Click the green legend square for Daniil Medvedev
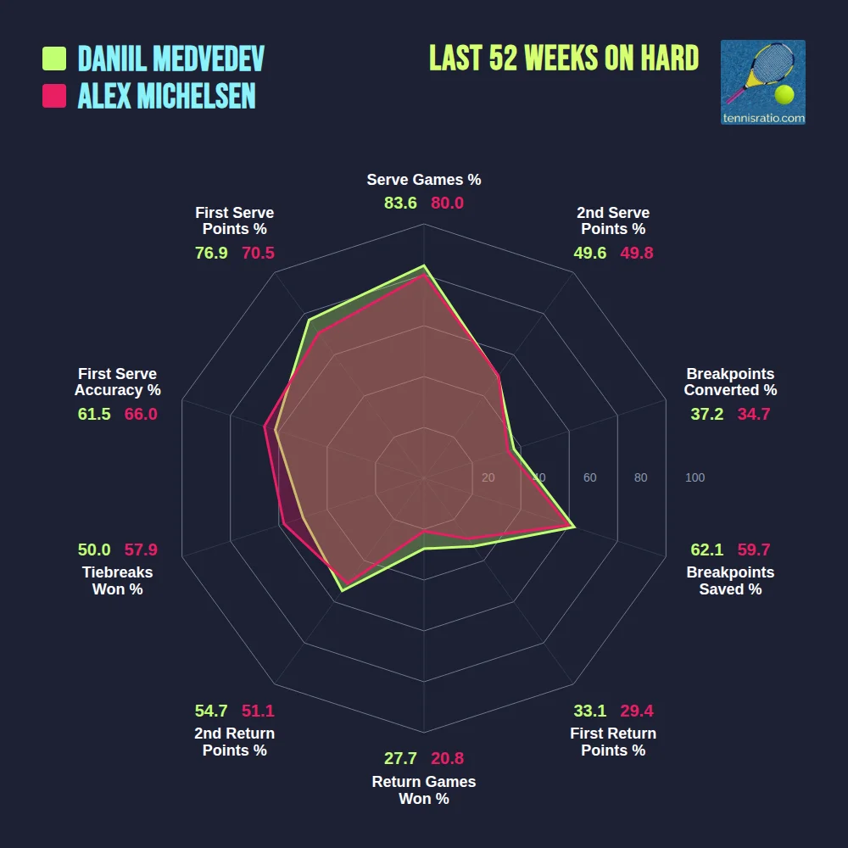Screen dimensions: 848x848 tap(54, 59)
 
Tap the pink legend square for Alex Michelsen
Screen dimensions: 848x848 tap(54, 96)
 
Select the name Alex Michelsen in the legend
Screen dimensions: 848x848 tap(166, 96)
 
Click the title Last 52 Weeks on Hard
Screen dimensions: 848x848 tap(564, 58)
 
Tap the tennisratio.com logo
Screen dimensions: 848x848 tap(762, 82)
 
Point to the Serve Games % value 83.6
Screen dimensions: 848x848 tap(400, 204)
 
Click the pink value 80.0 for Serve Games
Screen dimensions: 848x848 tap(447, 204)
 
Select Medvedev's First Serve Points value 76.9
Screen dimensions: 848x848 tap(211, 253)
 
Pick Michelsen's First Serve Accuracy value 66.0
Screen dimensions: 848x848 tap(141, 414)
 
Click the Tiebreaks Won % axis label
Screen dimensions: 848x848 tap(117, 581)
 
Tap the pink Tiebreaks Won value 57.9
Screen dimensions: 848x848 tap(141, 550)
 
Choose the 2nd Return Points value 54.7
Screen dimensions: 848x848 tap(211, 711)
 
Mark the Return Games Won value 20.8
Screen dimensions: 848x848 tap(447, 759)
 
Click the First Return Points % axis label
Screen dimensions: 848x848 tap(613, 742)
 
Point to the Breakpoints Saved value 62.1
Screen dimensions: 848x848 tap(707, 550)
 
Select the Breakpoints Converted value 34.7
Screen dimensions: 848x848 tap(754, 414)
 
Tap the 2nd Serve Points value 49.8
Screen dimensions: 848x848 tap(637, 253)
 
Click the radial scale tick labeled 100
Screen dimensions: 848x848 tap(695, 477)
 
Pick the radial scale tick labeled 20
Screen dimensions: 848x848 tap(488, 477)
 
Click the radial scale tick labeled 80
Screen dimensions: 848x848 tap(640, 477)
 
